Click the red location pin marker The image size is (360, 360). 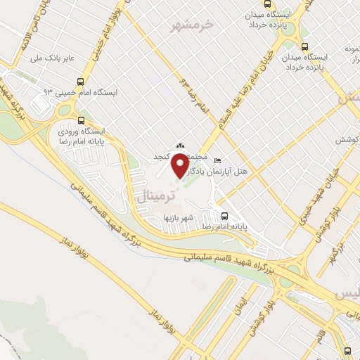pyautogui.click(x=180, y=166)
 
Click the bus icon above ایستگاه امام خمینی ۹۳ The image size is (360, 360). pyautogui.click(x=82, y=80)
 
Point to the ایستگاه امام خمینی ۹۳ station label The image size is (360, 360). pyautogui.click(x=82, y=92)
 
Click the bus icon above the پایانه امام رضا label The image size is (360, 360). pyautogui.click(x=225, y=216)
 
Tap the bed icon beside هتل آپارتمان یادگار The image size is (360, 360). pyautogui.click(x=217, y=160)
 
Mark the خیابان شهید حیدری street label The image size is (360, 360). pyautogui.click(x=321, y=186)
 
